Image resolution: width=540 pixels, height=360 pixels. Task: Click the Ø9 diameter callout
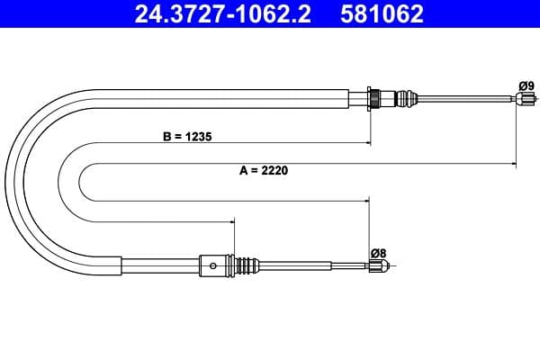[526, 86]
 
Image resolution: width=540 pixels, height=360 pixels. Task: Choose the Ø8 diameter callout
[377, 253]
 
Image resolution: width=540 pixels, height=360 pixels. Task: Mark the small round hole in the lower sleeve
[212, 265]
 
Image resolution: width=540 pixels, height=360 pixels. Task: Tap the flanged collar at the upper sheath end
[372, 97]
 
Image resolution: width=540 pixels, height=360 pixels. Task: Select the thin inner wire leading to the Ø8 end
[315, 265]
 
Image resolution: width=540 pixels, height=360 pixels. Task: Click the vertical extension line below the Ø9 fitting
[516, 135]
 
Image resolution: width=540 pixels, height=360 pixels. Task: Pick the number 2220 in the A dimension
[275, 169]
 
